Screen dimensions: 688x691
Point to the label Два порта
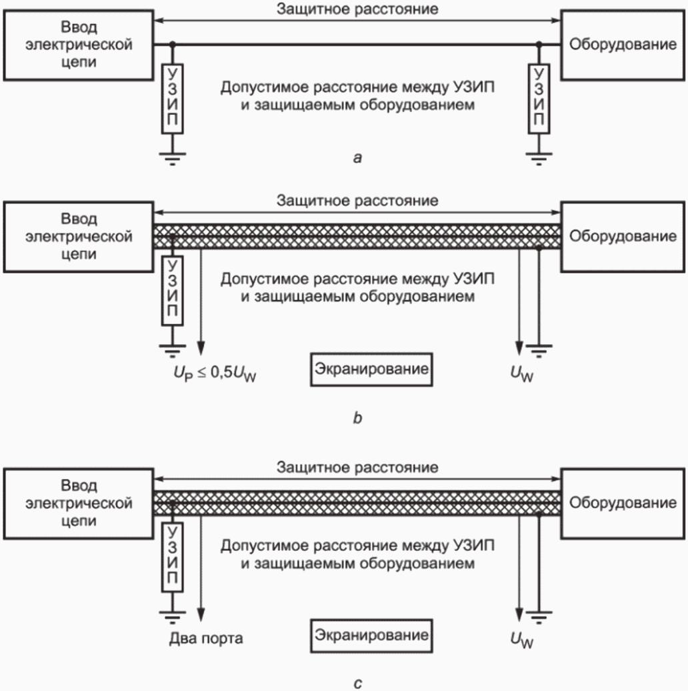click(206, 638)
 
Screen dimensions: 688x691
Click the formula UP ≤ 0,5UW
click(215, 374)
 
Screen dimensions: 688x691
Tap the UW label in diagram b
click(522, 374)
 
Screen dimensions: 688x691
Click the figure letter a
click(357, 158)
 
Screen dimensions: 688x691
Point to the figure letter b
click(357, 418)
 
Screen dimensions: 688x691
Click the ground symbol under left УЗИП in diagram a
click(172, 159)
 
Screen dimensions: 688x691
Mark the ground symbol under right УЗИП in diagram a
click(539, 159)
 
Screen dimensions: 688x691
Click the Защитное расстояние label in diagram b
click(357, 201)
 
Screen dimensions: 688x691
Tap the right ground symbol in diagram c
click(539, 618)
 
